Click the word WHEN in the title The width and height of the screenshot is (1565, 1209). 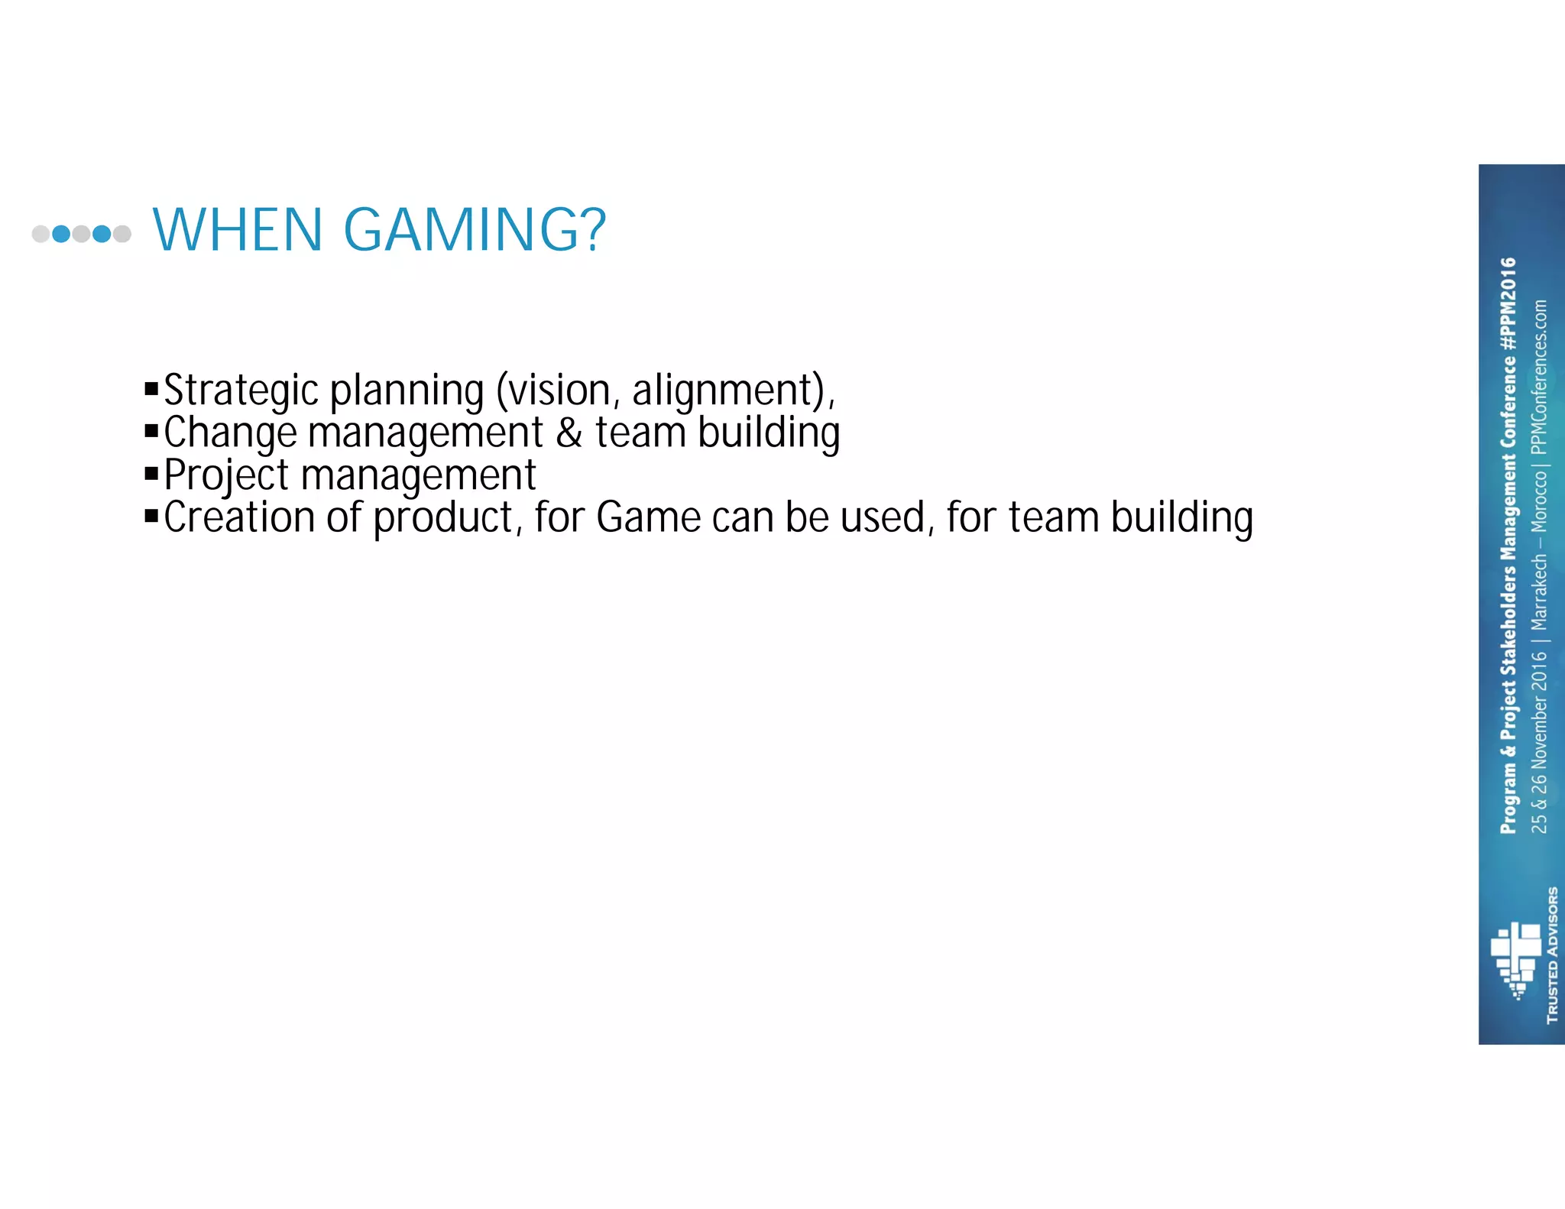point(238,230)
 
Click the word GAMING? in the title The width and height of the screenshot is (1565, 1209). point(475,230)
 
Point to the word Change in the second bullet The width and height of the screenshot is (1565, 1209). point(230,433)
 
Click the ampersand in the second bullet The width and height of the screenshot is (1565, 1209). point(569,433)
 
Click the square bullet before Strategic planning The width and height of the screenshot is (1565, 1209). point(151,390)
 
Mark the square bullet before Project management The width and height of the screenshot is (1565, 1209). point(151,475)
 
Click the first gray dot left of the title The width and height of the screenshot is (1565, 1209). point(41,234)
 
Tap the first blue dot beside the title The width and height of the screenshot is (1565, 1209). point(61,234)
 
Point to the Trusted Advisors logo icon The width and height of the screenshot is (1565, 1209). point(1515,959)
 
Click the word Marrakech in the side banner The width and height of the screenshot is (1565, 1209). point(1539,592)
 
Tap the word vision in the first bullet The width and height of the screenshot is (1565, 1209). point(559,391)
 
